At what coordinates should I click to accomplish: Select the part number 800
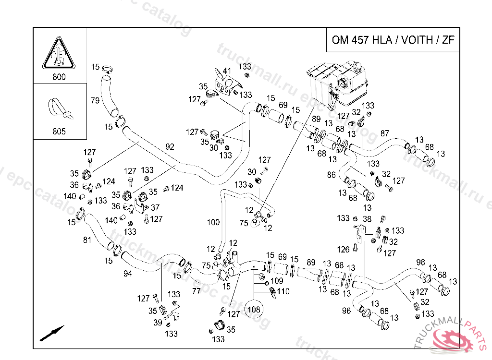point(59,77)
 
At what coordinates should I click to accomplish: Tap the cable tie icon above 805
point(59,109)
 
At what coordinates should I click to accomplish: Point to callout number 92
point(170,147)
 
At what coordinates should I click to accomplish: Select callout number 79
point(95,101)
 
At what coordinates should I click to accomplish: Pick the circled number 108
point(254,310)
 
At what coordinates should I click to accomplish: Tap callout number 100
point(213,222)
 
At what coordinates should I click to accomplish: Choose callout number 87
point(385,133)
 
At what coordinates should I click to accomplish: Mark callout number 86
point(332,175)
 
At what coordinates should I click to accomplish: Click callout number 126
point(343,249)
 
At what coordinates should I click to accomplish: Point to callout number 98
point(421,262)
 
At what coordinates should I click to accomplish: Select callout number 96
point(346,311)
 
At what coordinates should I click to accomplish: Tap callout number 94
point(127,274)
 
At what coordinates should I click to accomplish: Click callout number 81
point(87,240)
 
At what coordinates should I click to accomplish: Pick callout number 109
point(277,281)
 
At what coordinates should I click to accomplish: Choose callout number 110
point(283,291)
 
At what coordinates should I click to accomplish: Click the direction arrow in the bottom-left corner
point(52,333)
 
